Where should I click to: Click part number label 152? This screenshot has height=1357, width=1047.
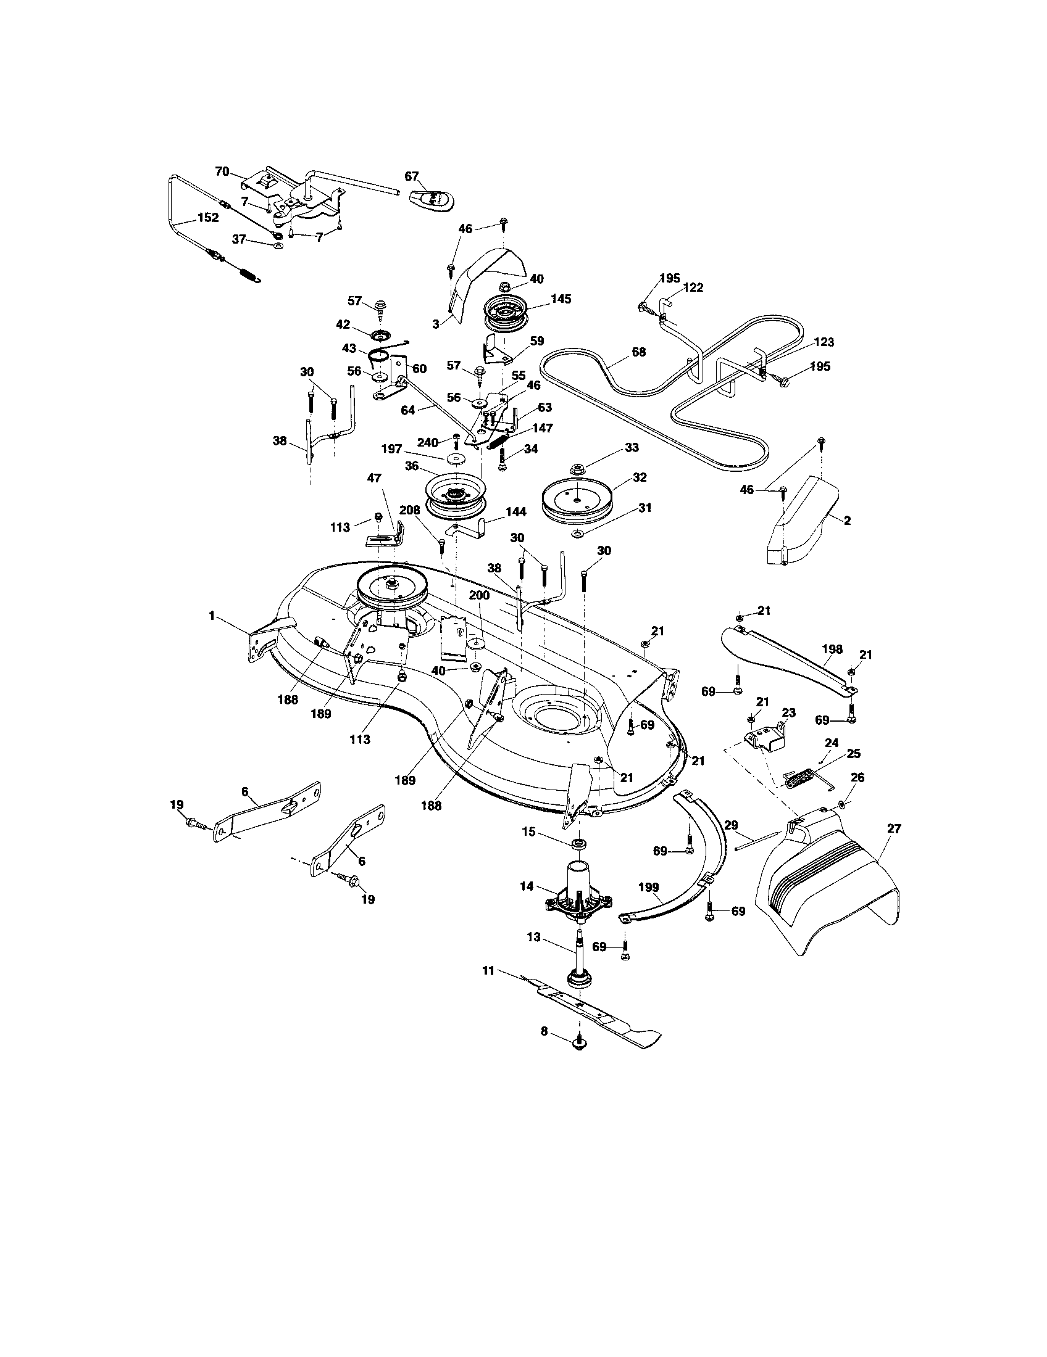207,218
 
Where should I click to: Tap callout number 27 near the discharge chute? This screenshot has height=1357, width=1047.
894,828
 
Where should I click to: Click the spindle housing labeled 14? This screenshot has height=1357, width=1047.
578,898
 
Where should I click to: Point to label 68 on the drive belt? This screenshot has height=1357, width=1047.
638,352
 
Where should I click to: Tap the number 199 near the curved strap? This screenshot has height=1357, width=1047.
648,887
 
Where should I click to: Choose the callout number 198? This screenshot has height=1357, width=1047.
832,650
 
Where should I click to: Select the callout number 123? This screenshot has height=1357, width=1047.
823,342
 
